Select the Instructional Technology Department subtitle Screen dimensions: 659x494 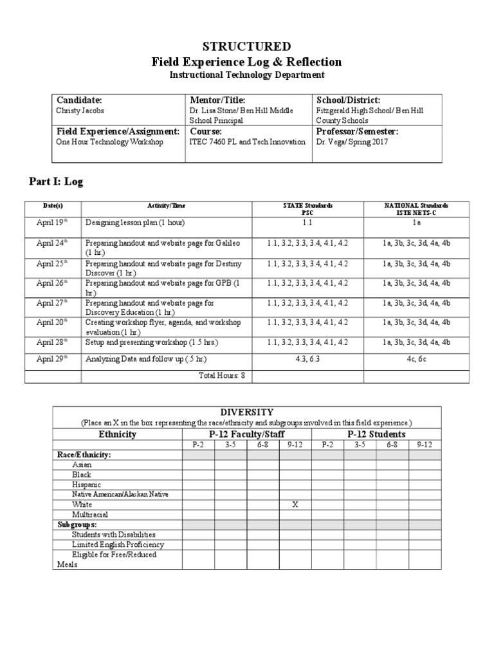(247, 75)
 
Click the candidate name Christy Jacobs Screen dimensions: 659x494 (80, 111)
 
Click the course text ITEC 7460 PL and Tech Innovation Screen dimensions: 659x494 (248, 142)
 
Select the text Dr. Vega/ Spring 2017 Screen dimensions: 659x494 (351, 142)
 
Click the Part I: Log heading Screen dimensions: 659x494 (56, 182)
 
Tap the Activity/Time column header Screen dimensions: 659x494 (166, 206)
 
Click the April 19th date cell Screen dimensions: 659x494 (52, 223)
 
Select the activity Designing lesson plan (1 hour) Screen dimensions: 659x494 (134, 223)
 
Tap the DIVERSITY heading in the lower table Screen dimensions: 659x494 (247, 412)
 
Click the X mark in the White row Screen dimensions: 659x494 (295, 505)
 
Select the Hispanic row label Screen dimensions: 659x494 (87, 485)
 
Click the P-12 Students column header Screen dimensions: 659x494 (376, 434)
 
